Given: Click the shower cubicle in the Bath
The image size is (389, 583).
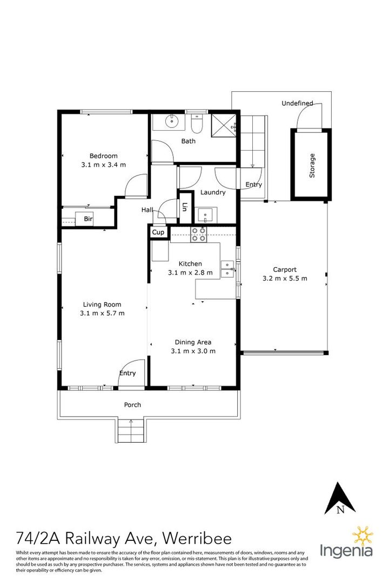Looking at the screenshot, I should (x=223, y=124).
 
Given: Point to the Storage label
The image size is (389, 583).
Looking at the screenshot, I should (x=312, y=166).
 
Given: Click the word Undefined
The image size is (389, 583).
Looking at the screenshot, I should (x=297, y=103).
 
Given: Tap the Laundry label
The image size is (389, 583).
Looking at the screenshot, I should (x=213, y=192).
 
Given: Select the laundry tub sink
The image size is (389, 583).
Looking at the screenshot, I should (x=205, y=215).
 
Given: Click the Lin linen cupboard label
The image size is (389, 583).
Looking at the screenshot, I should (x=185, y=207).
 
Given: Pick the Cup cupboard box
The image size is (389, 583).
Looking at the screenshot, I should (x=158, y=232).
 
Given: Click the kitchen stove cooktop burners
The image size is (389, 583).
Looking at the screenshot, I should (x=198, y=234).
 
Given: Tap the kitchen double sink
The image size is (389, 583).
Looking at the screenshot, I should (x=227, y=268).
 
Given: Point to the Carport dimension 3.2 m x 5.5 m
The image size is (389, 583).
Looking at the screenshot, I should (x=285, y=279).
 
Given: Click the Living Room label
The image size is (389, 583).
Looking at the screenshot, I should (x=102, y=304).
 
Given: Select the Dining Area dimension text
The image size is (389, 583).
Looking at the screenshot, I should (x=193, y=351).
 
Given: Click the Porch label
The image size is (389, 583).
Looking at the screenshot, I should (x=132, y=405).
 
